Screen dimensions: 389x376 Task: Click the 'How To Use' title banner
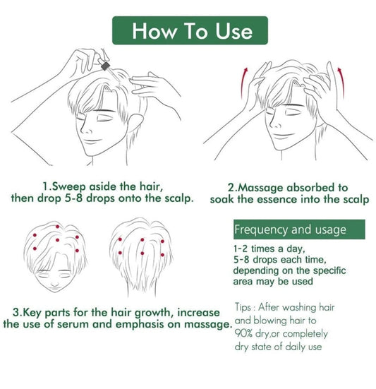(191, 31)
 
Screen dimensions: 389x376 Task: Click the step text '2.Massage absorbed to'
(288, 188)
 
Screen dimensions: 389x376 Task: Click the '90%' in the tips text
(248, 333)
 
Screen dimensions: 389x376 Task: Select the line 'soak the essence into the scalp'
(289, 199)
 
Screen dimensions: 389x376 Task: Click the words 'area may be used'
(272, 281)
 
